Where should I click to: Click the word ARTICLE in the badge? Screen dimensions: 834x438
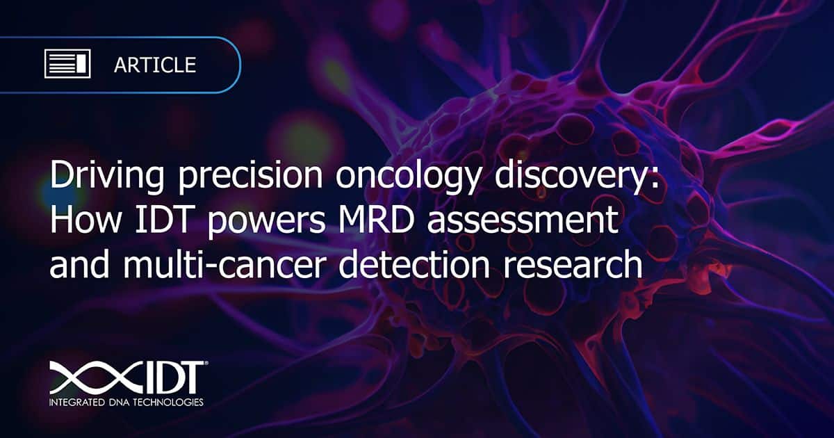[x=155, y=65]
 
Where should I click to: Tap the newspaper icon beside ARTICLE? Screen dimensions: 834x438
[x=67, y=64]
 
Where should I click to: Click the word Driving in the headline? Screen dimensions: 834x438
[x=107, y=176]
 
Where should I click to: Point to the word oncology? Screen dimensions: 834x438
[x=408, y=176]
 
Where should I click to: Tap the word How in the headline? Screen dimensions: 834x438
[x=86, y=220]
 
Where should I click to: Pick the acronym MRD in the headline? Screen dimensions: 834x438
[x=377, y=220]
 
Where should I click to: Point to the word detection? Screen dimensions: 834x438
[x=414, y=263]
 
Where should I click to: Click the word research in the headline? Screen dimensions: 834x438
[x=573, y=263]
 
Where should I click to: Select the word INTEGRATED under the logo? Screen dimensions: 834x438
[x=76, y=403]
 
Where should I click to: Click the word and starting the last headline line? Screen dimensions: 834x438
[x=80, y=263]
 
